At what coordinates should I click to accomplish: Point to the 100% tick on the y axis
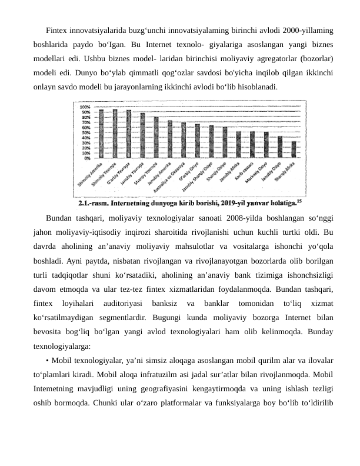pos(85,106)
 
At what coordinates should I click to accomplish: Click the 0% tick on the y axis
pos(86,158)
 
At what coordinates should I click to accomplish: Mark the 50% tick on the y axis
pos(86,132)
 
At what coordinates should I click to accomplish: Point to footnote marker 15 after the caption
pos(299,201)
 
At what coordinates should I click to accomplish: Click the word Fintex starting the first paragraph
pos(57,29)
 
